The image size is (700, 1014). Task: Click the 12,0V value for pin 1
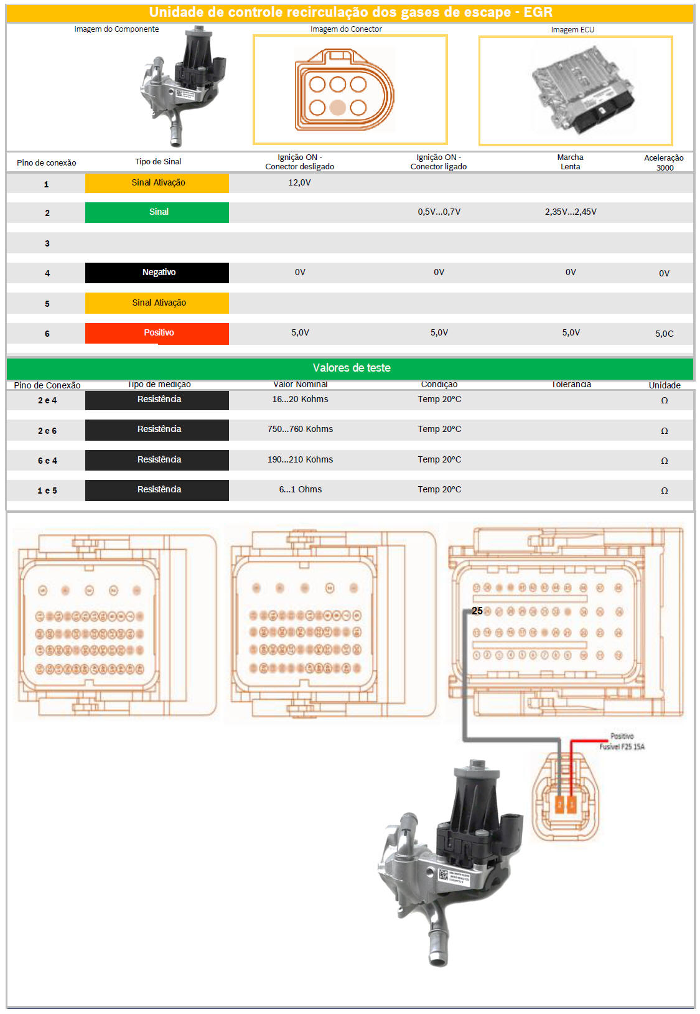pyautogui.click(x=299, y=182)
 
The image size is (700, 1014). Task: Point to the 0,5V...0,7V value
pyautogui.click(x=439, y=212)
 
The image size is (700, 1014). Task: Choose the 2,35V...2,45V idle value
pyautogui.click(x=571, y=212)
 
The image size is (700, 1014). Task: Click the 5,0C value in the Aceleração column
pyautogui.click(x=664, y=334)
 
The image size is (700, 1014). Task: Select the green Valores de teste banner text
pyautogui.click(x=352, y=368)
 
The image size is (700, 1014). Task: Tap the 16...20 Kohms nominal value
pyautogui.click(x=300, y=399)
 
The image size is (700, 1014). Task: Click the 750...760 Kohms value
pyautogui.click(x=300, y=429)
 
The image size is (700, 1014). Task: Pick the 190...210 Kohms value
pyautogui.click(x=300, y=459)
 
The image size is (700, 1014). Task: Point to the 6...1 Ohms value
pyautogui.click(x=300, y=489)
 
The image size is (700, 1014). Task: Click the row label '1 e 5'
pyautogui.click(x=47, y=491)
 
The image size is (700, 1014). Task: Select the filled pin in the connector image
pyautogui.click(x=337, y=108)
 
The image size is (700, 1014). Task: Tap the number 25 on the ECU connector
pyautogui.click(x=477, y=611)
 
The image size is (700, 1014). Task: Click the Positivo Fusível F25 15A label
pyautogui.click(x=622, y=741)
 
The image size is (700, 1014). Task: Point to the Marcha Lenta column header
pyautogui.click(x=570, y=162)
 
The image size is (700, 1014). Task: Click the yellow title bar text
pyautogui.click(x=350, y=12)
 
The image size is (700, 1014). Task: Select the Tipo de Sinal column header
pyautogui.click(x=158, y=162)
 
